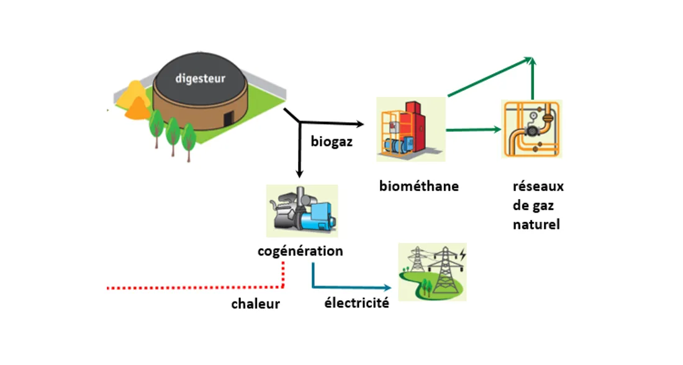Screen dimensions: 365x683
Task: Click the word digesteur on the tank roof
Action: pos(200,78)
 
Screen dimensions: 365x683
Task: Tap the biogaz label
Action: pos(332,142)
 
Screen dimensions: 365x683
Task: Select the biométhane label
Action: pos(419,186)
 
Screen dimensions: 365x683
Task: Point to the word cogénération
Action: pos(300,251)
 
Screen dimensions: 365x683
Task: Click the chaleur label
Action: pos(255,304)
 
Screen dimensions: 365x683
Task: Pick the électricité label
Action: pos(356,303)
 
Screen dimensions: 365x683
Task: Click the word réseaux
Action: pos(538,187)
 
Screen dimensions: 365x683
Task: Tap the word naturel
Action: pos(536,224)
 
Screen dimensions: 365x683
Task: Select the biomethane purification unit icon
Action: pos(410,129)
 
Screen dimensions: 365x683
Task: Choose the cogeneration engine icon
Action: pos(302,211)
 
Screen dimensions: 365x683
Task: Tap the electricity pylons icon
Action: pos(432,272)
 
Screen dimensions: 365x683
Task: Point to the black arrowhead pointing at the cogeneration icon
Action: pos(299,173)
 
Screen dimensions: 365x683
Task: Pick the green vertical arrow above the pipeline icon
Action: pos(532,78)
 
